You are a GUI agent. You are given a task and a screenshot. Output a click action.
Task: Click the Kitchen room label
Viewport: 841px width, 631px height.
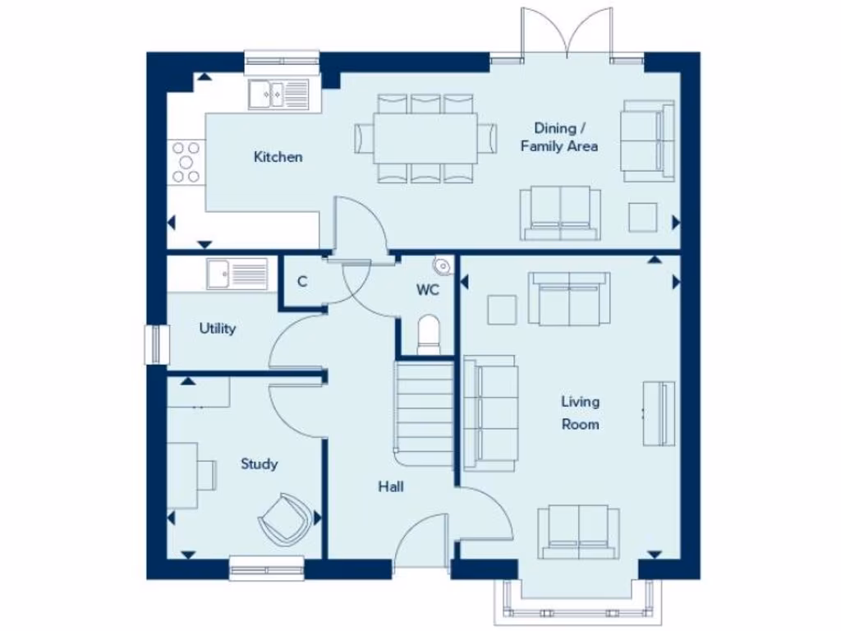coord(278,157)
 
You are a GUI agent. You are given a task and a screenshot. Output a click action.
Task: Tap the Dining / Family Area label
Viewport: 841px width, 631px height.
coord(558,137)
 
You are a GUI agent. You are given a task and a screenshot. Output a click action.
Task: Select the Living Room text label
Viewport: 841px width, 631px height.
coord(580,413)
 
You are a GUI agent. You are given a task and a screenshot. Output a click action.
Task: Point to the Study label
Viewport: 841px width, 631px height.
coord(259,464)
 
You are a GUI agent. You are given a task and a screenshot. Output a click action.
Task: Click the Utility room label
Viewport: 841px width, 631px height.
coord(218,329)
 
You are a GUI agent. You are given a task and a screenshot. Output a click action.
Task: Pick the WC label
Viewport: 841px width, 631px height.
coord(428,290)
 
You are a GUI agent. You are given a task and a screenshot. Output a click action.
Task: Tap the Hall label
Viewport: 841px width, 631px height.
coord(391,486)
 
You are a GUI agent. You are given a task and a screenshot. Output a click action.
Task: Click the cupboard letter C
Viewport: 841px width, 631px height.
coord(302,282)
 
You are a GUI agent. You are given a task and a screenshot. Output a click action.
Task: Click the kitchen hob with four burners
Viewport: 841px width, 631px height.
coord(186,162)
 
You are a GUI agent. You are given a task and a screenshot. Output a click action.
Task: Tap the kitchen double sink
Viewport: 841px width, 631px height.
coord(279,94)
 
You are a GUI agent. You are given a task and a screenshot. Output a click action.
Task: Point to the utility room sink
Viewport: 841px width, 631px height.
coord(237,274)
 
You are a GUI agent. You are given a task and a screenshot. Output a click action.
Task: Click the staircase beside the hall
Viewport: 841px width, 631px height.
coord(425,407)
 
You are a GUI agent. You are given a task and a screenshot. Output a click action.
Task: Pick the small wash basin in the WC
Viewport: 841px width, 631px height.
coord(442,265)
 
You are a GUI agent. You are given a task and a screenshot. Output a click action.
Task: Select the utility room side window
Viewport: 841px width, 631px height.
coord(154,344)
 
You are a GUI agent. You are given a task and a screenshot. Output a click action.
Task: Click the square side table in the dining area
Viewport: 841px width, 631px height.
coord(643,217)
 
